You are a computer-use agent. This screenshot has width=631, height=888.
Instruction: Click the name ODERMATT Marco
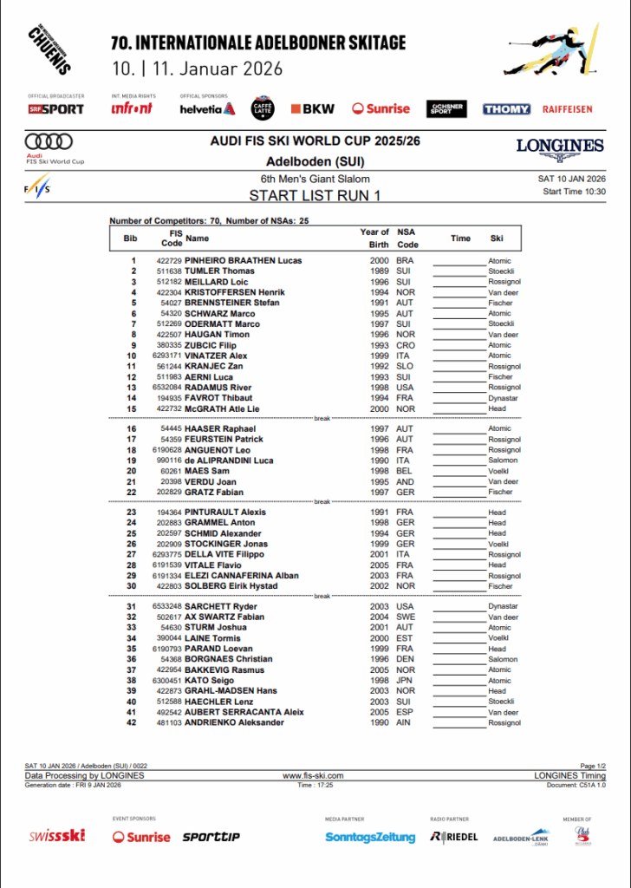pos(223,324)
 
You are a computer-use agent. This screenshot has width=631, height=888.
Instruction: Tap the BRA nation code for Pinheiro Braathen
pos(405,261)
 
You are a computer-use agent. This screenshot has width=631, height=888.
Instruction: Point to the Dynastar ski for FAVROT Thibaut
pos(503,398)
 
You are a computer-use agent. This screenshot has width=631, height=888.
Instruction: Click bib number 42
pos(132,722)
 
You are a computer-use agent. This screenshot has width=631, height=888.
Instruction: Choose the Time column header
pos(460,238)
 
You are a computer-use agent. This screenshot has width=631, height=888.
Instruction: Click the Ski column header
pos(497,238)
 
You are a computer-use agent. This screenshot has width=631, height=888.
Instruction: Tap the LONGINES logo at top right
pos(560,146)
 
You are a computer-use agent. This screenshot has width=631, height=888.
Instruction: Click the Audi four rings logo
pos(49,142)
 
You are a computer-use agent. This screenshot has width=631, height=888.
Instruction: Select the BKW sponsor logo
pos(313,109)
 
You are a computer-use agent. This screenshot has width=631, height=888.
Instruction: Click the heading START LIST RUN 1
pos(315,195)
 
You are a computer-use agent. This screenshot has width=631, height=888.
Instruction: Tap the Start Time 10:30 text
pos(574,192)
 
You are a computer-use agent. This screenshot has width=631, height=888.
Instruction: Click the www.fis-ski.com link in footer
pos(314,776)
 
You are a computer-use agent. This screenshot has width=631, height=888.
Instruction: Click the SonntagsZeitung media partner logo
pos(370,837)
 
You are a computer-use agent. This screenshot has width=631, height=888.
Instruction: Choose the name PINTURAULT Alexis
pos(225,513)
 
